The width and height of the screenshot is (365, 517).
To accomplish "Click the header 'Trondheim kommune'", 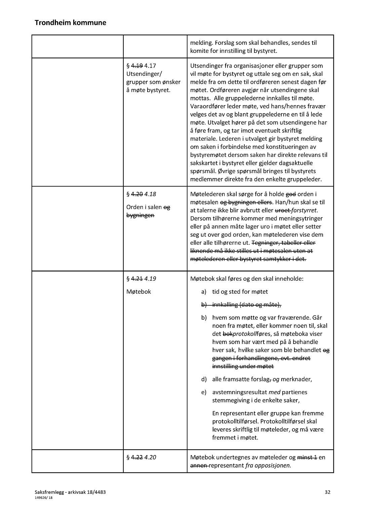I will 70,23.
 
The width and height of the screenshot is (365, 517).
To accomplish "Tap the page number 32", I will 327,492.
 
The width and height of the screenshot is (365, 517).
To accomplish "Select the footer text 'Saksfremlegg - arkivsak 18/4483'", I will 70,492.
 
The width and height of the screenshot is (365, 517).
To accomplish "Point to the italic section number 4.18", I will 150,194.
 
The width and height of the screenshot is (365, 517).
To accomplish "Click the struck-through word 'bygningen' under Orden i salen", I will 140,215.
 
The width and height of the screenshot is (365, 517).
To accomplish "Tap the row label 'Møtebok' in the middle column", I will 138,292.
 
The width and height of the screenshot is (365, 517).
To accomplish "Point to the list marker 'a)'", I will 204,292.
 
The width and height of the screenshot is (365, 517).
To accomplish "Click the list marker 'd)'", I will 204,379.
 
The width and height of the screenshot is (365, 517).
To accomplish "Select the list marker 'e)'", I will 204,392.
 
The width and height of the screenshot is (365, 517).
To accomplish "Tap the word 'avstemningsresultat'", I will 239,392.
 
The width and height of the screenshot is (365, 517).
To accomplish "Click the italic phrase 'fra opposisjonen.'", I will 268,466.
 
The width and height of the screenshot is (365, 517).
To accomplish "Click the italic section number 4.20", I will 150,457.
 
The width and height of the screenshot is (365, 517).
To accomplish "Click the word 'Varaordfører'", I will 209,106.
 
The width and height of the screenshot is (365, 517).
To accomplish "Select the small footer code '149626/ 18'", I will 44,498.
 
